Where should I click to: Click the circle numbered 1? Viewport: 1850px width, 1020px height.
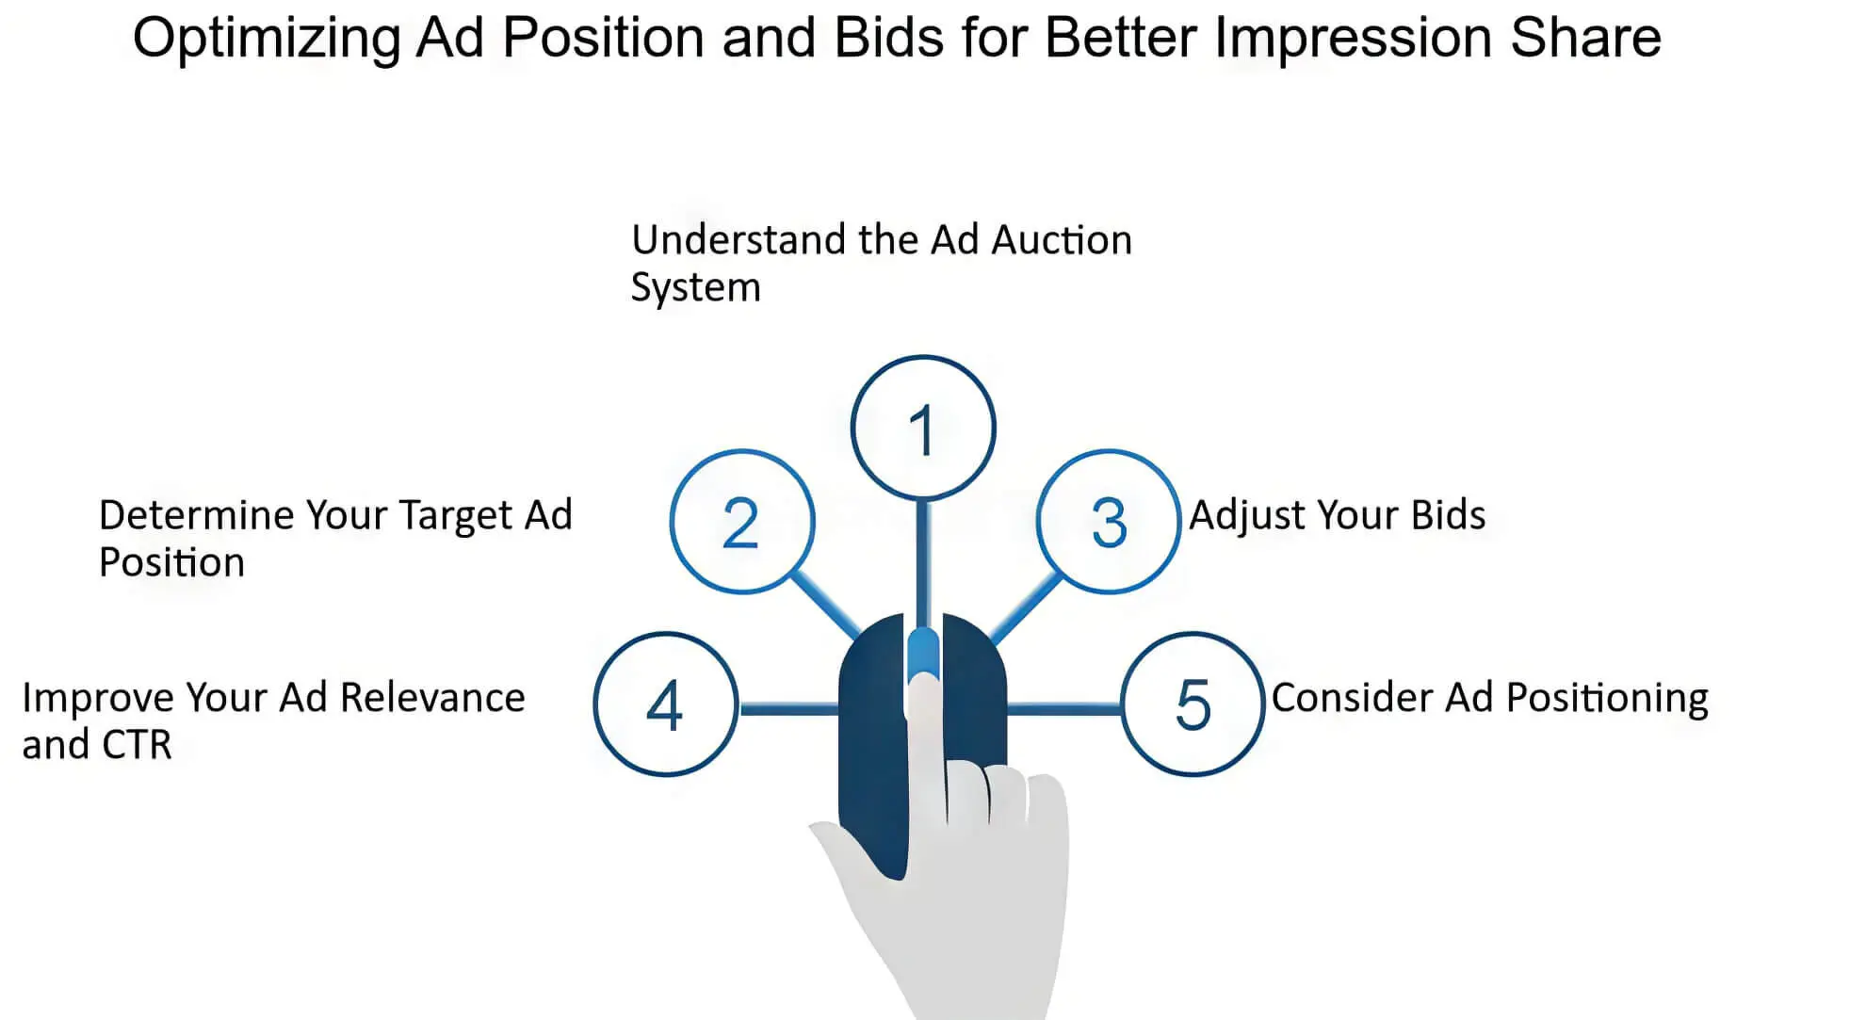click(x=923, y=428)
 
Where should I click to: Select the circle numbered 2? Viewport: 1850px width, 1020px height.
click(x=742, y=522)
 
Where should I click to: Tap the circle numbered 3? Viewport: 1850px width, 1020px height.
click(x=1109, y=522)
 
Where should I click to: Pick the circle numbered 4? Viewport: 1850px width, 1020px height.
click(x=666, y=704)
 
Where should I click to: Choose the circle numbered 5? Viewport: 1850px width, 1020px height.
click(x=1193, y=704)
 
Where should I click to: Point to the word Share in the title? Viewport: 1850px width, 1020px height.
click(x=1585, y=38)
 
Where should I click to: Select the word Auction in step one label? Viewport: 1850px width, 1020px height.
click(x=1062, y=240)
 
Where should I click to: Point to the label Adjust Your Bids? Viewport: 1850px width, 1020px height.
click(x=1337, y=515)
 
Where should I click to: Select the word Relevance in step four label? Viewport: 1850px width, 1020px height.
click(x=431, y=698)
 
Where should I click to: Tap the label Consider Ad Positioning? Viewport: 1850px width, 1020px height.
click(x=1489, y=698)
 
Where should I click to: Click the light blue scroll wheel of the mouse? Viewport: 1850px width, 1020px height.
click(x=923, y=650)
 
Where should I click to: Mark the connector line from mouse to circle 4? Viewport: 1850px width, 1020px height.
click(x=788, y=708)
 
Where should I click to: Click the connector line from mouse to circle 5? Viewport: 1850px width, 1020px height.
click(x=1063, y=708)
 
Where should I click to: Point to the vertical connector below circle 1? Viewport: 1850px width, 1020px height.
click(x=923, y=560)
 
